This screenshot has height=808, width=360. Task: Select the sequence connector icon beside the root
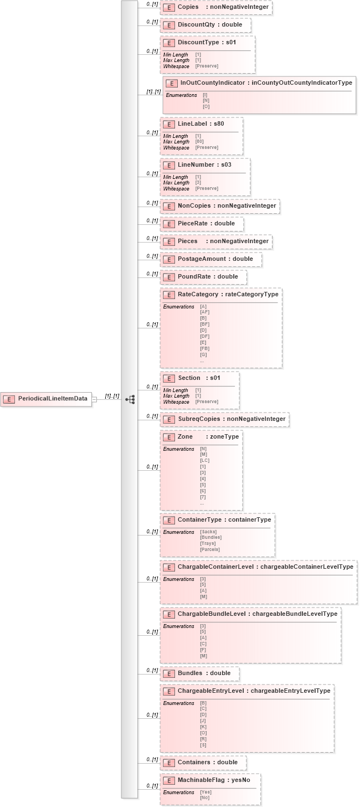pyautogui.click(x=130, y=399)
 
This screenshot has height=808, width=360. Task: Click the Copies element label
pyautogui.click(x=223, y=7)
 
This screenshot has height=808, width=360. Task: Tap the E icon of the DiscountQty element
pyautogui.click(x=168, y=25)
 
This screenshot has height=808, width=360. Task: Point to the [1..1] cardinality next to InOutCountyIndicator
pyautogui.click(x=153, y=91)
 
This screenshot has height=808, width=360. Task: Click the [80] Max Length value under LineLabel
pyautogui.click(x=199, y=142)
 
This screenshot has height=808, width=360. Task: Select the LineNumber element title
pyautogui.click(x=204, y=165)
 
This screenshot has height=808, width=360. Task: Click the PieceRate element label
pyautogui.click(x=206, y=224)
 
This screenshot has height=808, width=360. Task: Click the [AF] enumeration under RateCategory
pyautogui.click(x=204, y=312)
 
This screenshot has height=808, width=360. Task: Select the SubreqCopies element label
pyautogui.click(x=232, y=419)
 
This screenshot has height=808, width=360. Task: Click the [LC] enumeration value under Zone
pyautogui.click(x=204, y=460)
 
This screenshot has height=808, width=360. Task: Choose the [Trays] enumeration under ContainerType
pyautogui.click(x=208, y=543)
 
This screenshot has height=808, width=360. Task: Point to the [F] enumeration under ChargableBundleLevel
pyautogui.click(x=203, y=650)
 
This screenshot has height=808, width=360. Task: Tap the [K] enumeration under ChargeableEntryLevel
pyautogui.click(x=203, y=727)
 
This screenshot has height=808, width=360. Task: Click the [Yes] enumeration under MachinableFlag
pyautogui.click(x=205, y=792)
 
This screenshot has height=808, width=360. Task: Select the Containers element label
pyautogui.click(x=207, y=762)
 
